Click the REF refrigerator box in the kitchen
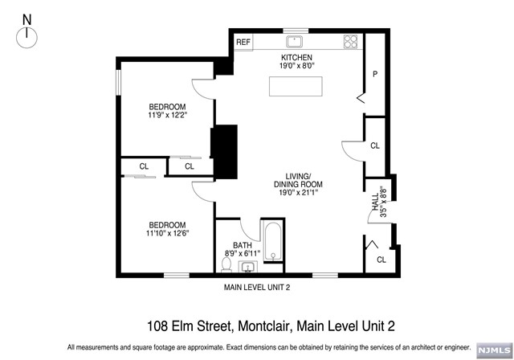[x=243, y=43]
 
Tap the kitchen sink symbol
[x=295, y=42]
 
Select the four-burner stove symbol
[x=350, y=42]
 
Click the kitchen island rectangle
[x=296, y=86]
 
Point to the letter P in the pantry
[x=375, y=74]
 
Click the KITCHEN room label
[x=296, y=57]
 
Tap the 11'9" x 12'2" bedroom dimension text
[x=168, y=115]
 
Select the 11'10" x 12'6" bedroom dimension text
[x=168, y=234]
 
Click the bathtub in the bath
[x=273, y=242]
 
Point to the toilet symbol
[x=226, y=264]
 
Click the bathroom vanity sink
[x=248, y=268]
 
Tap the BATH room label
[x=243, y=245]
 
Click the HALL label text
[x=375, y=202]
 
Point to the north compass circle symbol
[x=27, y=39]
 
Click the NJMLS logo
[x=495, y=350]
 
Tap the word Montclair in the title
[x=264, y=326]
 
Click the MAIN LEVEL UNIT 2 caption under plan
[x=257, y=288]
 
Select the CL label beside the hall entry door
[x=381, y=260]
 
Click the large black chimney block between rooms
[x=224, y=152]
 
